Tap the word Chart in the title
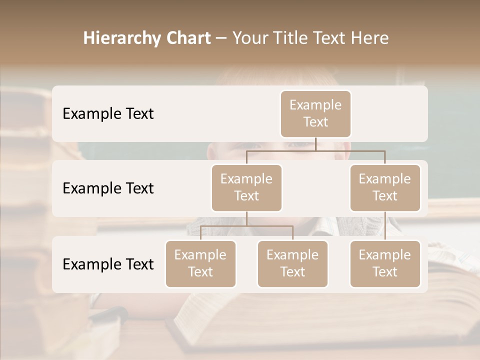coord(186,38)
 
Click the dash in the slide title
coord(221,39)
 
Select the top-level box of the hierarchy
coord(315,114)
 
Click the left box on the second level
coord(246,187)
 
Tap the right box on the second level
coord(385,187)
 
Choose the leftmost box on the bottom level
coord(200,263)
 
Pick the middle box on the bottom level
coord(292,263)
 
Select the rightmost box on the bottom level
coord(385,263)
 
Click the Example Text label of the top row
coord(108,114)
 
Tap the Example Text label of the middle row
coord(108,188)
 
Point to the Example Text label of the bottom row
coord(108,264)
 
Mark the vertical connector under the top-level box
coord(315,144)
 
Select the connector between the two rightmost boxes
coord(385,226)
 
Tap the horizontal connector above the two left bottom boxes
coord(246,226)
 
